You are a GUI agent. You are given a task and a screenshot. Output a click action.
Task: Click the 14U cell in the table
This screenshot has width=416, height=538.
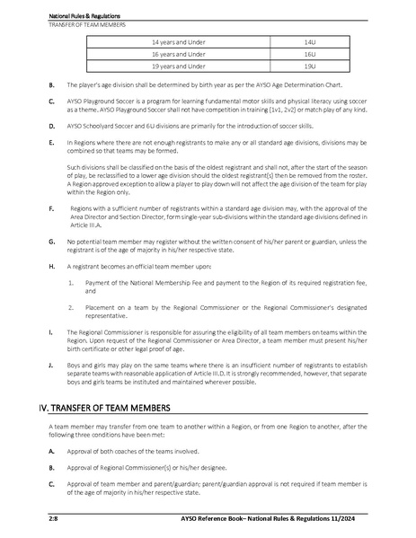pyautogui.click(x=310, y=42)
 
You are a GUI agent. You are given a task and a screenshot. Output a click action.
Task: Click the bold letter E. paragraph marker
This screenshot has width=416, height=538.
pyautogui.click(x=50, y=143)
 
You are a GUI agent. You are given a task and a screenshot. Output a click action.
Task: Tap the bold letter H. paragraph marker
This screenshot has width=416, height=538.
pyautogui.click(x=50, y=268)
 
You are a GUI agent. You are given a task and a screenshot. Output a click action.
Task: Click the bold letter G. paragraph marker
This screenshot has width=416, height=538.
pyautogui.click(x=50, y=243)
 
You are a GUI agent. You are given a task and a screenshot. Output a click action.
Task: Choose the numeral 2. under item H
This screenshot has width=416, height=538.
pyautogui.click(x=71, y=307)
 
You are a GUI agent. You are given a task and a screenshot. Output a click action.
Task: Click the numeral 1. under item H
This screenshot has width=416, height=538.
pyautogui.click(x=71, y=282)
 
